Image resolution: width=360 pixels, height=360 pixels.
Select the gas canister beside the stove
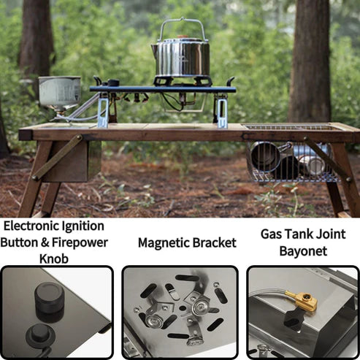(60, 91)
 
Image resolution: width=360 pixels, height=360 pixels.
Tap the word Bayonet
(303, 251)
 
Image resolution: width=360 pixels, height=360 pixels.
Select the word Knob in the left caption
(54, 258)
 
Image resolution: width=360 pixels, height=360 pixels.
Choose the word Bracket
(215, 243)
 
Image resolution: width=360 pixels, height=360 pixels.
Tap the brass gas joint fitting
(303, 301)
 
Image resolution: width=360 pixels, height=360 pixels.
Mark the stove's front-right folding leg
(221, 111)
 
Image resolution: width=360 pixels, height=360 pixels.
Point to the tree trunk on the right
(310, 61)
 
